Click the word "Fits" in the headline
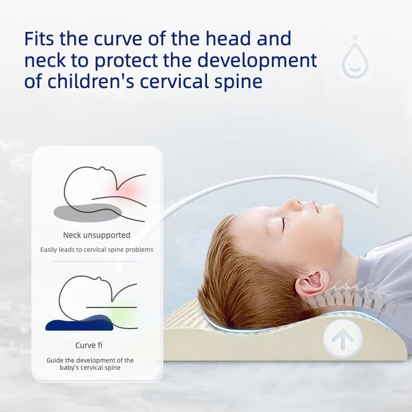tap(39, 38)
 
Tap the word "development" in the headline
tap(257, 60)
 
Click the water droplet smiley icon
tap(355, 57)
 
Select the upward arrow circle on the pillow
tap(342, 338)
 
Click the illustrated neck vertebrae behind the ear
tap(350, 294)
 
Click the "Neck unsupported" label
tap(97, 235)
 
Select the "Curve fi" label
tap(89, 345)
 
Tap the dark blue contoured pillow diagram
tap(80, 323)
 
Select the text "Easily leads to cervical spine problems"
tap(97, 250)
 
